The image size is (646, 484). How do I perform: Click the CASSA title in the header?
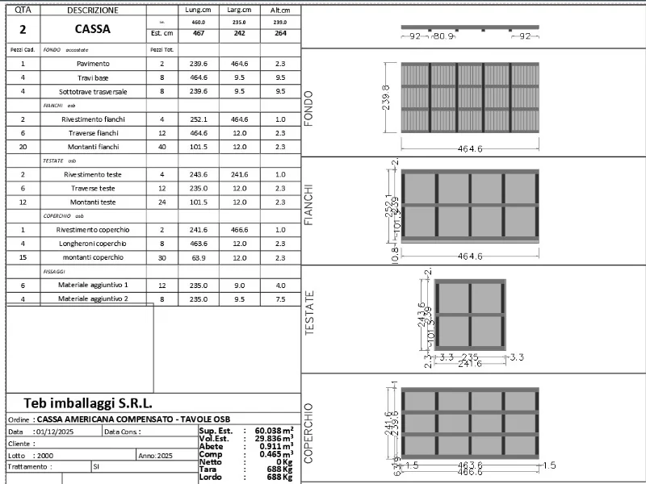[x=93, y=29]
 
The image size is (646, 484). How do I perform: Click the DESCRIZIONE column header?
[x=93, y=10]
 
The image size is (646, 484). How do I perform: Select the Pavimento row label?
[x=94, y=63]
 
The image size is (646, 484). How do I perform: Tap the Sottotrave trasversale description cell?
[x=94, y=91]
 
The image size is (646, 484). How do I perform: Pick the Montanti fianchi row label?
[x=94, y=147]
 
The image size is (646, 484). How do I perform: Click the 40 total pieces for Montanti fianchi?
[x=162, y=147]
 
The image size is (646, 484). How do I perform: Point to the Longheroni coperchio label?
[x=94, y=243]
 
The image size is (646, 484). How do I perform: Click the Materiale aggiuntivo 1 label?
[x=94, y=285]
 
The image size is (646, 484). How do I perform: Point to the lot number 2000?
[x=47, y=455]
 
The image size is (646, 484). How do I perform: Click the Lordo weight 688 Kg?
[x=277, y=478]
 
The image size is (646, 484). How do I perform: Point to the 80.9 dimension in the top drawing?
[x=444, y=36]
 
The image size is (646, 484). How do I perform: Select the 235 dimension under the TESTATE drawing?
[x=469, y=357]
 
